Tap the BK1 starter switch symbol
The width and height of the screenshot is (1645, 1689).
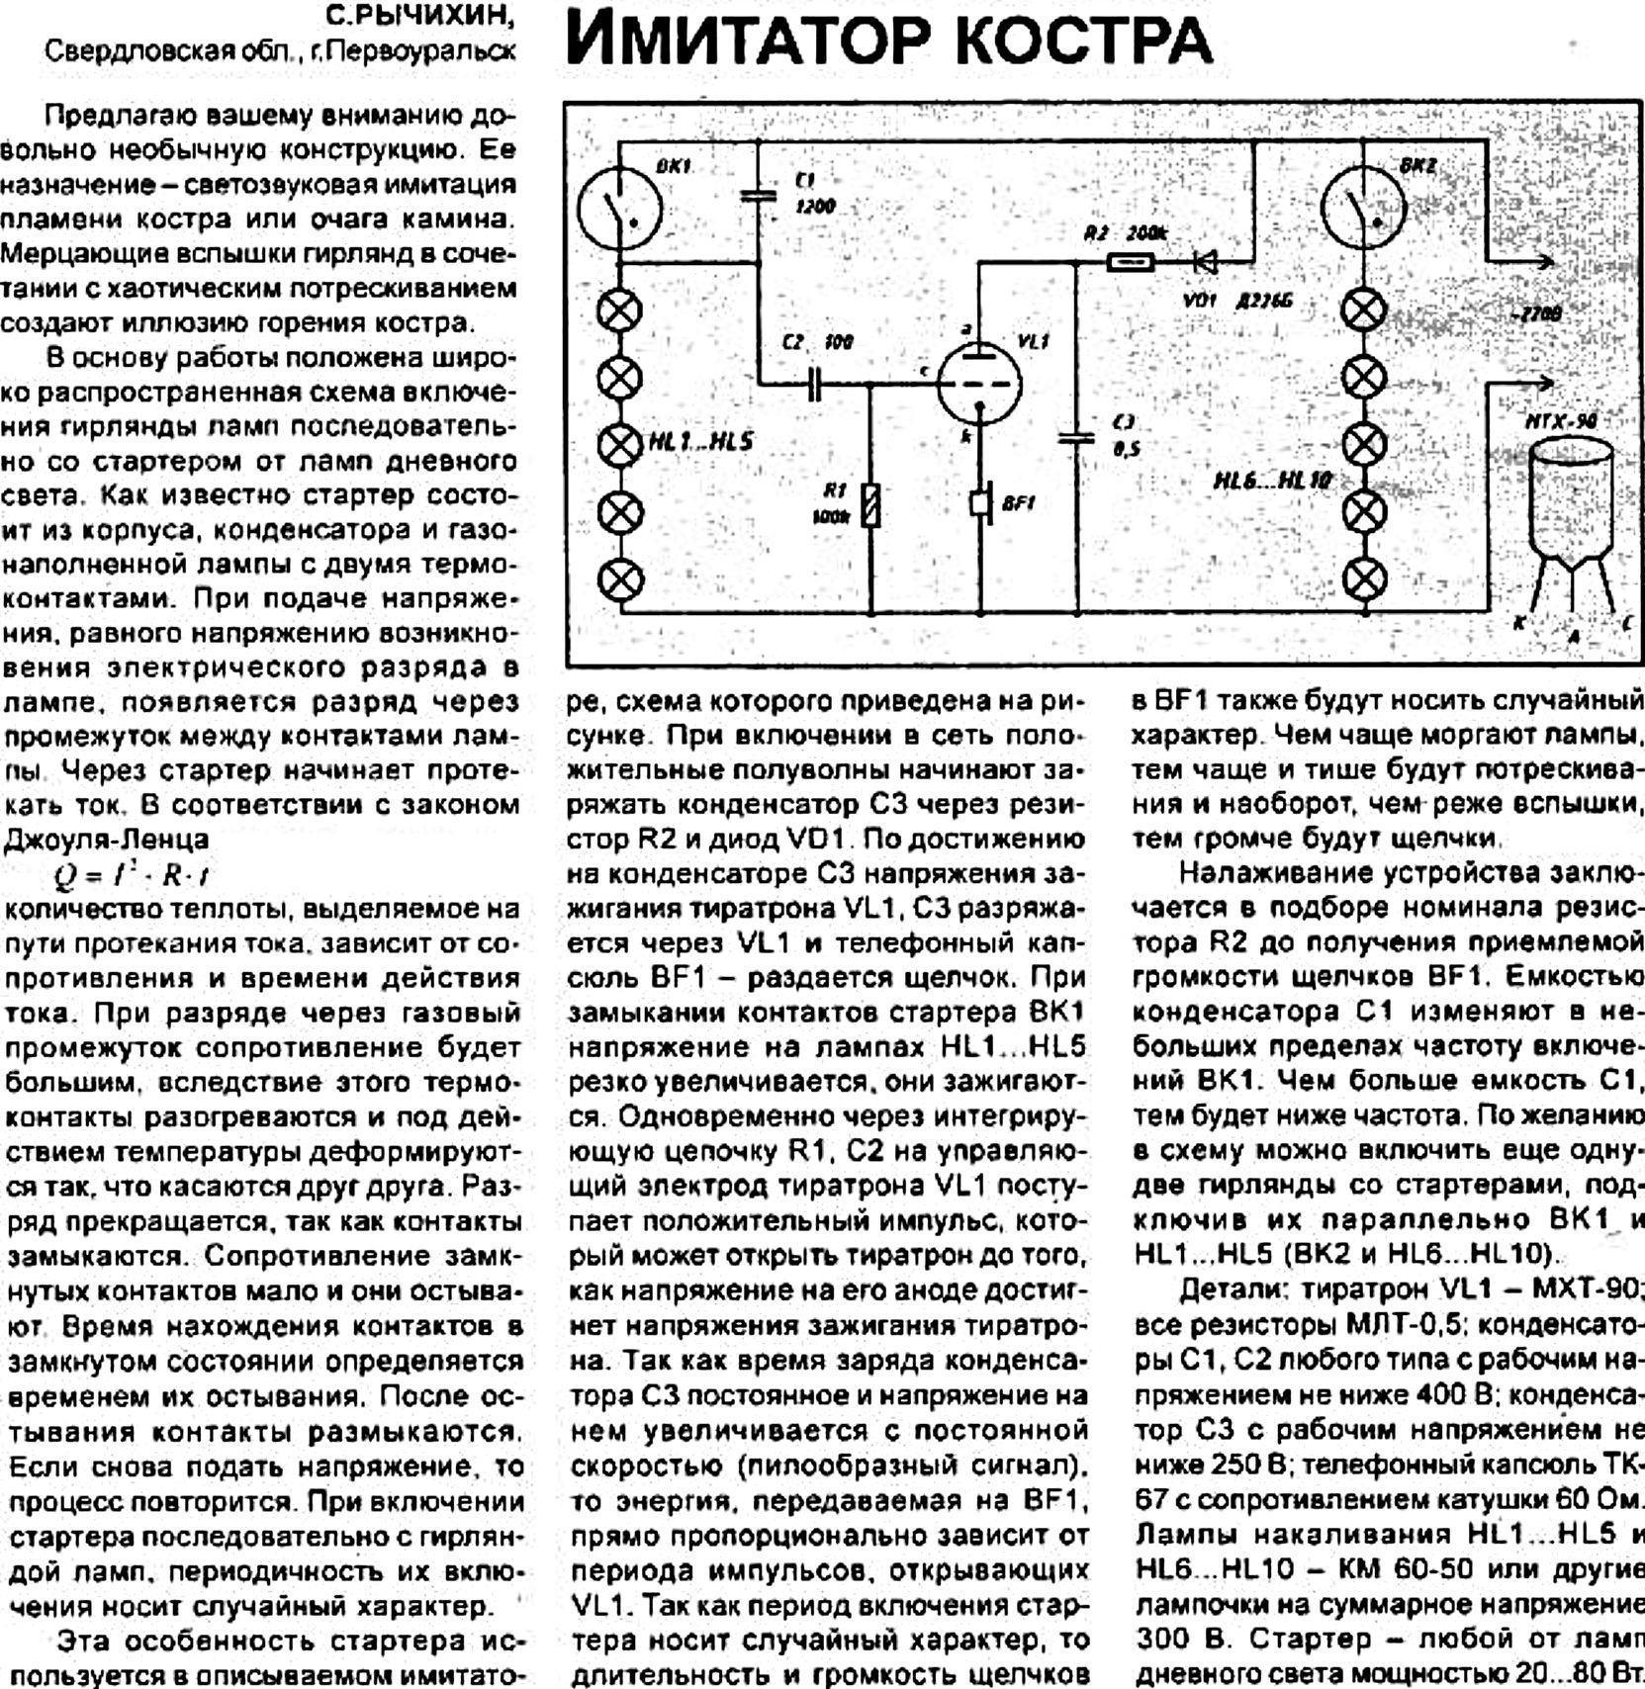pyautogui.click(x=620, y=208)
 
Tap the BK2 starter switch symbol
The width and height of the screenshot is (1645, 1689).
pyautogui.click(x=1363, y=208)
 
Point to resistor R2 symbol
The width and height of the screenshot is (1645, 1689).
pyautogui.click(x=1128, y=262)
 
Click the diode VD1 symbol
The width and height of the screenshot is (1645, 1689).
pyautogui.click(x=1204, y=262)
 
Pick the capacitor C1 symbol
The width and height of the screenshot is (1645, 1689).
pyautogui.click(x=759, y=194)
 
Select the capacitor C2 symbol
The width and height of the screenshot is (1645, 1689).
pyautogui.click(x=814, y=382)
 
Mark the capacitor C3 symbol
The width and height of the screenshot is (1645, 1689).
pyautogui.click(x=1076, y=436)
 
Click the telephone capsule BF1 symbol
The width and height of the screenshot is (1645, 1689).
pyautogui.click(x=980, y=502)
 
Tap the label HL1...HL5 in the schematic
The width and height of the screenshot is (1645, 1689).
pyautogui.click(x=700, y=442)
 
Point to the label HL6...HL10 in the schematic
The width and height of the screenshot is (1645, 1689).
pyautogui.click(x=1272, y=481)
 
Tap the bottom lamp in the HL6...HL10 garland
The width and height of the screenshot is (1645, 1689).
pyautogui.click(x=1363, y=579)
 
